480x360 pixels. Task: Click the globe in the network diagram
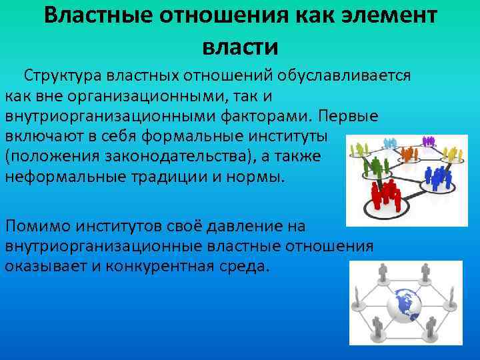[x=406, y=303]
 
